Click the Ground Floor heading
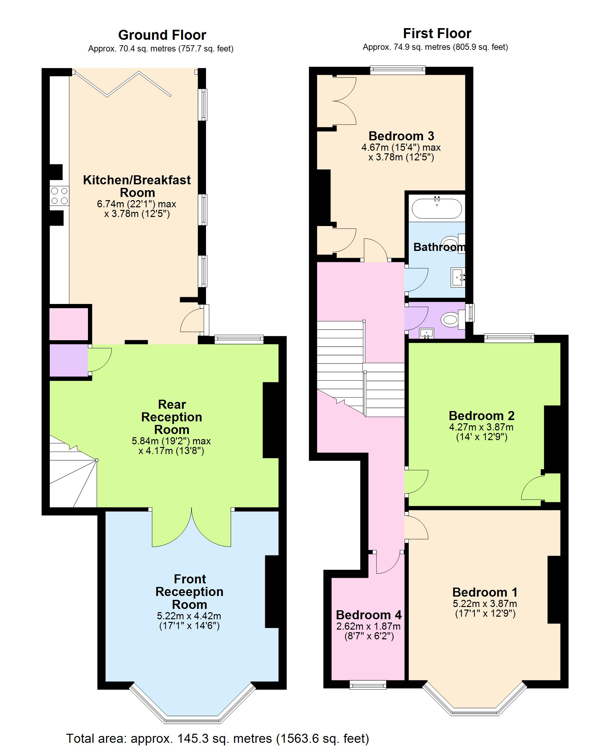[162, 35]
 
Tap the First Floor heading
[437, 34]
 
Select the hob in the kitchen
[59, 196]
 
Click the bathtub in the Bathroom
[437, 208]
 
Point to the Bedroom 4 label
[369, 615]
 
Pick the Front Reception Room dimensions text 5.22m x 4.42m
[189, 616]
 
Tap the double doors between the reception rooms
[191, 529]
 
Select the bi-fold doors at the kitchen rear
[122, 83]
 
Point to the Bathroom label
[439, 247]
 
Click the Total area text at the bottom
[217, 738]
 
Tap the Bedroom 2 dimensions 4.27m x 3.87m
[481, 427]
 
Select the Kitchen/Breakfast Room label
[137, 186]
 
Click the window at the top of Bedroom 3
[397, 70]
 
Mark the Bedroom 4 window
[368, 684]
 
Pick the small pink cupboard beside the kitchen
[69, 324]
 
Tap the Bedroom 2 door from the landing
[417, 482]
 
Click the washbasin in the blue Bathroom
[458, 277]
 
